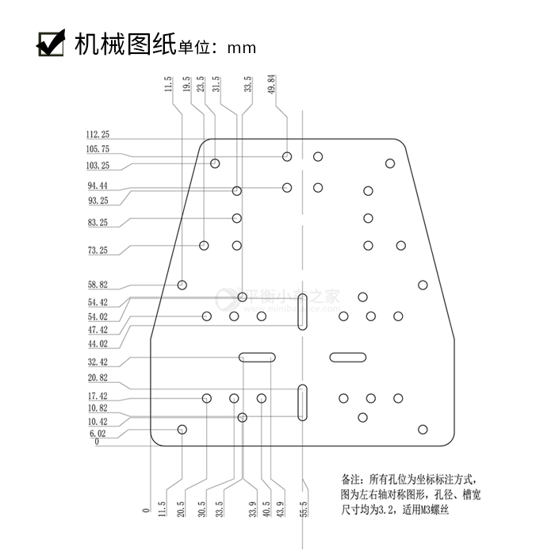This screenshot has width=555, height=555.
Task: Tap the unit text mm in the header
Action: click(241, 48)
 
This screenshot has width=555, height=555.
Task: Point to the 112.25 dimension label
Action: click(98, 135)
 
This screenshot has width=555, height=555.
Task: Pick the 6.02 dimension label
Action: click(98, 434)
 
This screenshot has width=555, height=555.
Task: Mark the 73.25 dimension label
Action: click(98, 251)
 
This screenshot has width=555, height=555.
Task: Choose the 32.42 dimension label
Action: click(98, 362)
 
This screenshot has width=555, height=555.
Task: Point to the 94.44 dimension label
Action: click(98, 186)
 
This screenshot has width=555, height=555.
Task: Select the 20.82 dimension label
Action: click(98, 378)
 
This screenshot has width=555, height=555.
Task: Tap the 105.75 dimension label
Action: click(98, 149)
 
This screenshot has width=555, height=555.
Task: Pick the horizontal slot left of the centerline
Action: click(258, 357)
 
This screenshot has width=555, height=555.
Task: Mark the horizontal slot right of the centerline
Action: click(346, 357)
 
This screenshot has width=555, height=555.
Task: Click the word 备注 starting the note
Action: click(350, 480)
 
